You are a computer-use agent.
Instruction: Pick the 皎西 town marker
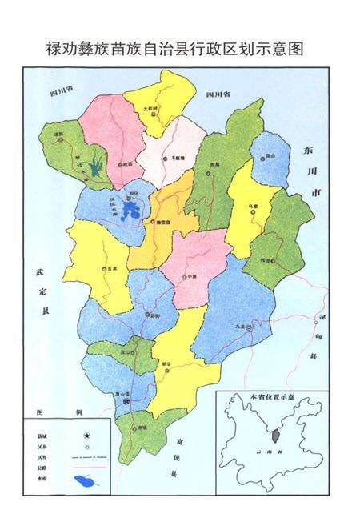pyautogui.click(x=122, y=164)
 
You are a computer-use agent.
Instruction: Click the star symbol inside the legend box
pyautogui.click(x=86, y=433)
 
